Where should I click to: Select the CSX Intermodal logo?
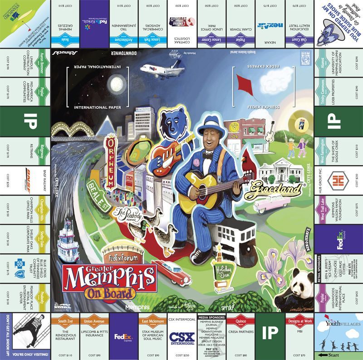[x=181, y=339]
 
